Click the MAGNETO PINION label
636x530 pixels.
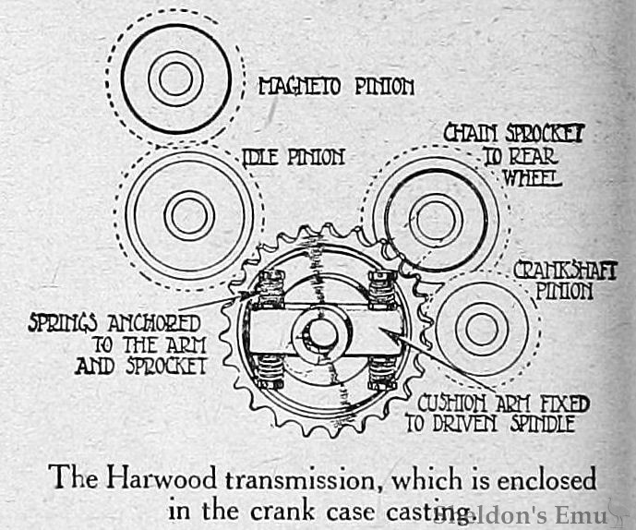click(x=335, y=88)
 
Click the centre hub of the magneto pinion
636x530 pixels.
click(x=174, y=78)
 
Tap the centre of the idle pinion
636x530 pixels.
click(x=189, y=216)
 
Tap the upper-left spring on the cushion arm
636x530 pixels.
click(x=271, y=289)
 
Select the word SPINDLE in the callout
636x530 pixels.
click(x=540, y=425)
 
